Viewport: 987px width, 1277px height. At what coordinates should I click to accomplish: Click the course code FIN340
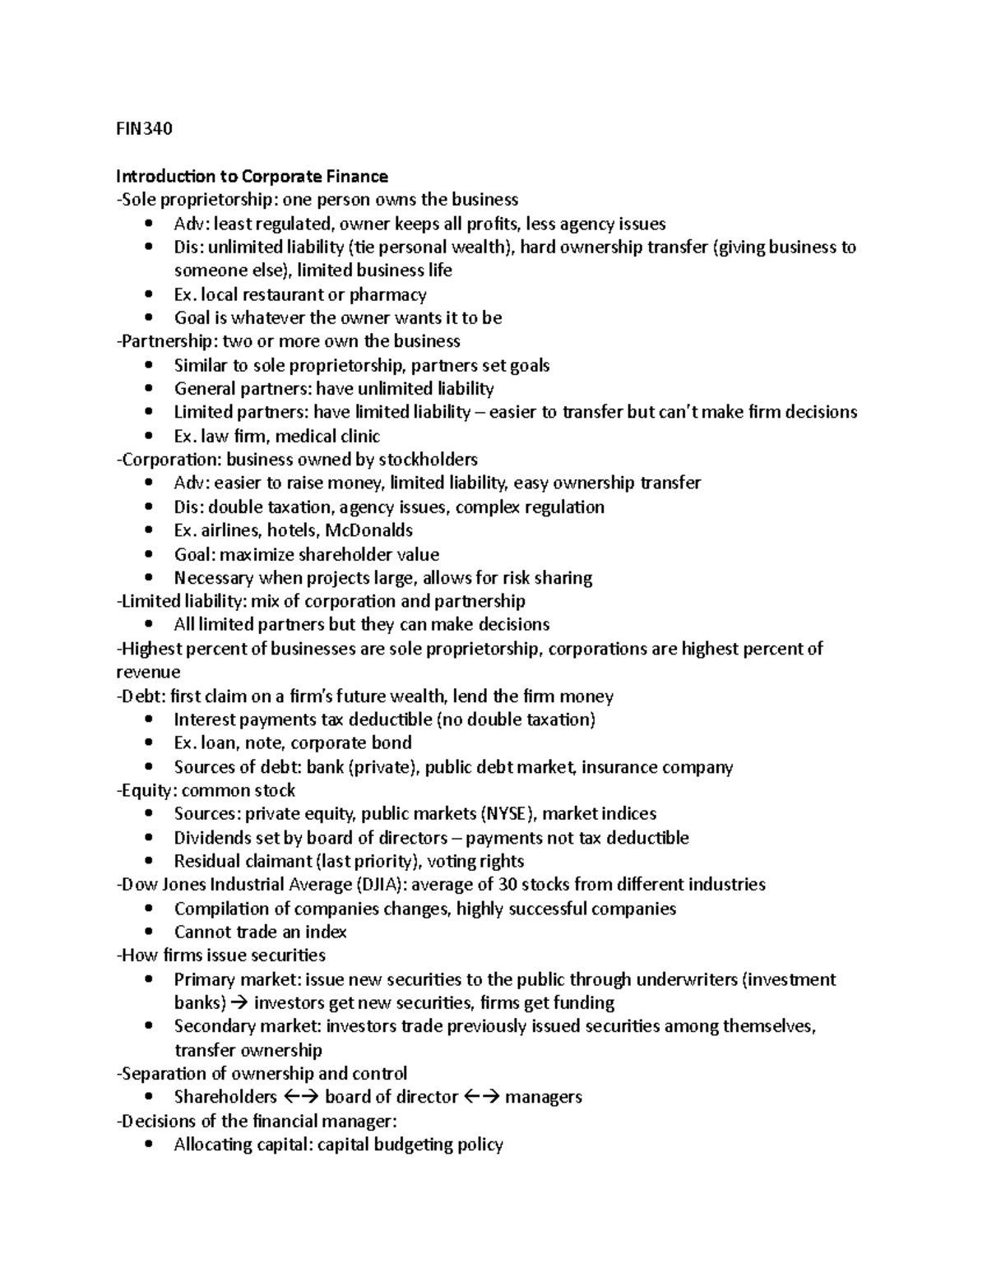[x=144, y=129]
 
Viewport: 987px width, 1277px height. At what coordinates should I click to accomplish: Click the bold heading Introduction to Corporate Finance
[x=252, y=176]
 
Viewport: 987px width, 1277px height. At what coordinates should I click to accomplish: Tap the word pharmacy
[x=387, y=294]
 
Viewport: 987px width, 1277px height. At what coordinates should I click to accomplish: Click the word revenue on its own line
[x=148, y=673]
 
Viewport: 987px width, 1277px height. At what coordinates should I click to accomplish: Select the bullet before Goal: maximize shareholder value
[x=148, y=555]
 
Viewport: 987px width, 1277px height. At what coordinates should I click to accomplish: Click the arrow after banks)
[x=239, y=1003]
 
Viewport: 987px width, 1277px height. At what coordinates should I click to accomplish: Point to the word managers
[x=543, y=1098]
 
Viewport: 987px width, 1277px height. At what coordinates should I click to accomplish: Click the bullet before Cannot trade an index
[x=148, y=932]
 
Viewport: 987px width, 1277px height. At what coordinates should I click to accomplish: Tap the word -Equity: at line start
[x=146, y=791]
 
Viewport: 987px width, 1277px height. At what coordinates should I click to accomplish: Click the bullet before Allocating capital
[x=148, y=1145]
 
